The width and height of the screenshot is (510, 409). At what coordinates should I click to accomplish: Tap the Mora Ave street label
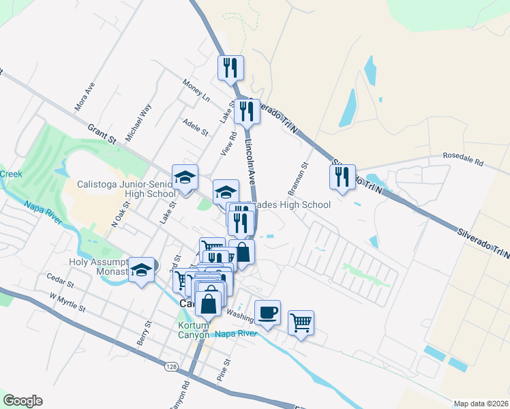(85, 97)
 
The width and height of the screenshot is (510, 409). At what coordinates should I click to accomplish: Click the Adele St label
(195, 127)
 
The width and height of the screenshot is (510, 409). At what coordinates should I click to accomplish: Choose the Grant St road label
(102, 134)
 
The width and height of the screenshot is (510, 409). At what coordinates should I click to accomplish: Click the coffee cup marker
(267, 312)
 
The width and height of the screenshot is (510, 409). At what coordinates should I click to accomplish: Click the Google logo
(22, 401)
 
